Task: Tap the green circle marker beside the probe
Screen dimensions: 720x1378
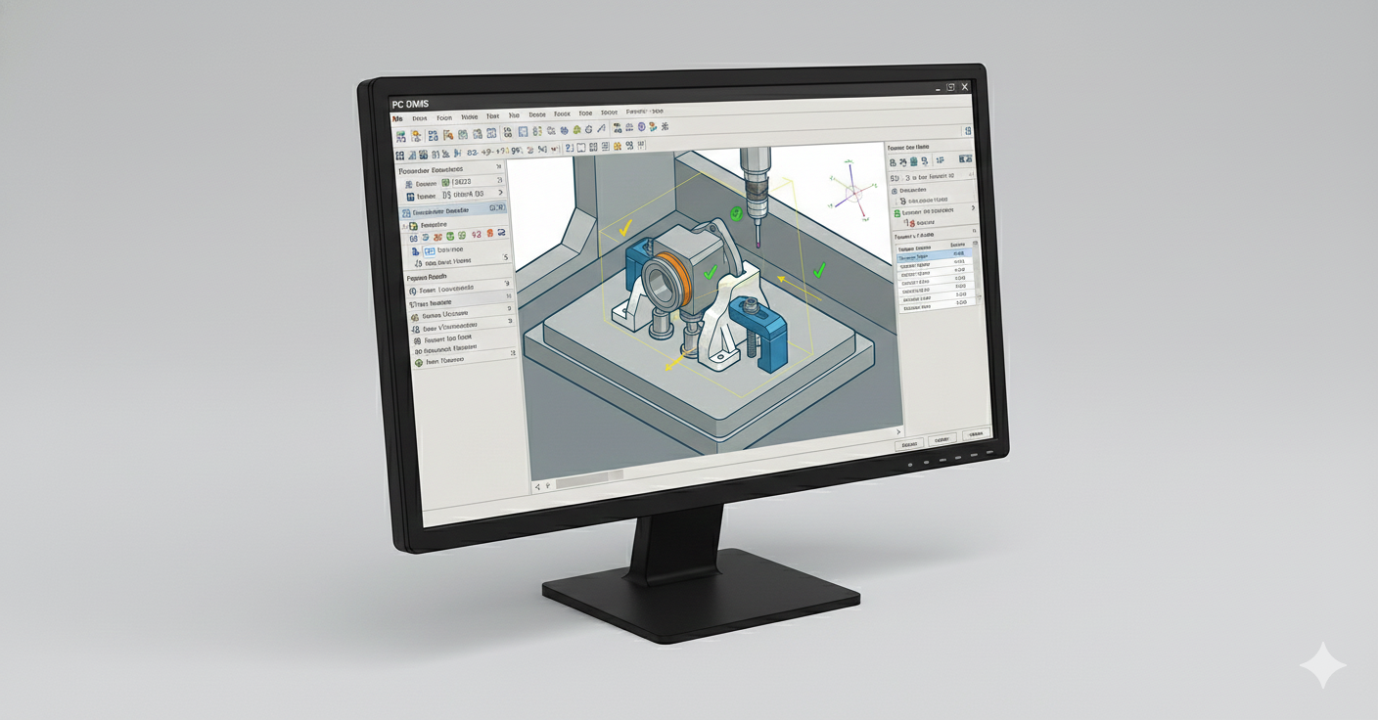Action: coord(737,213)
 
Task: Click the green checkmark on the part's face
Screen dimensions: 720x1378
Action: coord(712,271)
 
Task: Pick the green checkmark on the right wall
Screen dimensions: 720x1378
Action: coord(820,268)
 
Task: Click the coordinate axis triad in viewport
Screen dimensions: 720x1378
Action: coord(850,190)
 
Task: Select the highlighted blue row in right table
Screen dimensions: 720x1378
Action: coord(936,256)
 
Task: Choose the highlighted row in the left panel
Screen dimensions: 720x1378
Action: coord(453,210)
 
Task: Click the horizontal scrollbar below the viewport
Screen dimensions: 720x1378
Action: coord(587,478)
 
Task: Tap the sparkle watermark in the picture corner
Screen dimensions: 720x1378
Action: coord(1322,665)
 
